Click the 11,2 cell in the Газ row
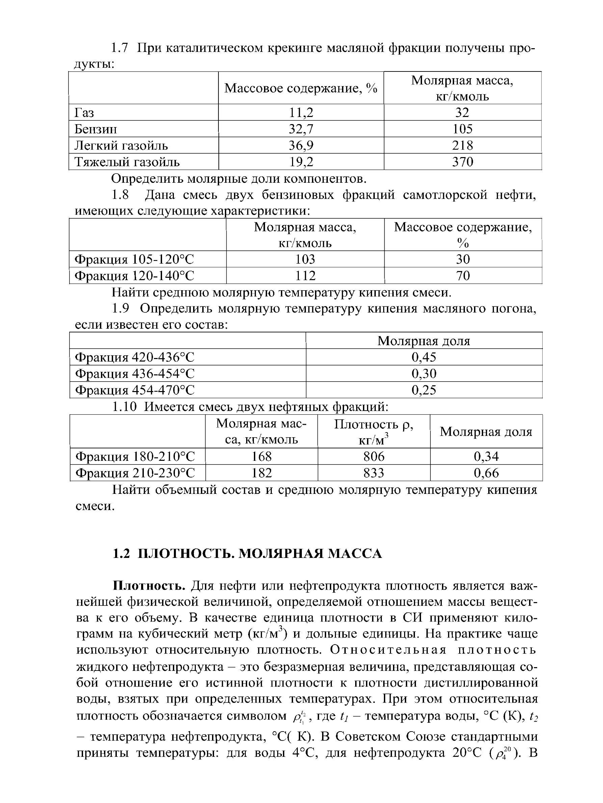click(300, 112)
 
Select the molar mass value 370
click(462, 161)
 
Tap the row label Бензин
click(96, 129)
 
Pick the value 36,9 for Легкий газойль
click(300, 145)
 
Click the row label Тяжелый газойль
click(127, 161)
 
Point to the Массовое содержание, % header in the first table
click(300, 88)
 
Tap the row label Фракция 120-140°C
click(134, 276)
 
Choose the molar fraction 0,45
click(423, 357)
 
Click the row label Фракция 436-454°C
click(134, 374)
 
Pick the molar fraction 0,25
click(423, 390)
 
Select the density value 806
click(374, 456)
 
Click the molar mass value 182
click(262, 473)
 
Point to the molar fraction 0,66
click(486, 473)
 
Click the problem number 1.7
click(120, 48)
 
